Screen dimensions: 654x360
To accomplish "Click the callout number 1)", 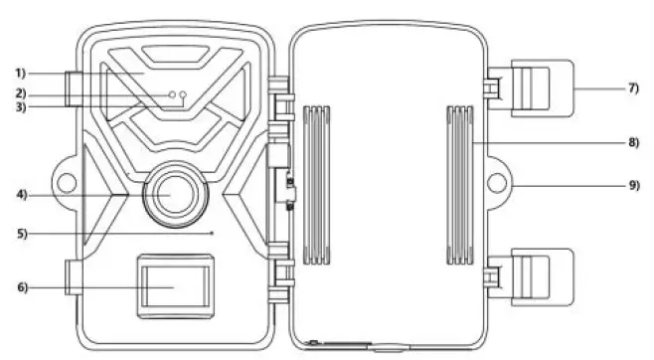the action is click(x=21, y=73).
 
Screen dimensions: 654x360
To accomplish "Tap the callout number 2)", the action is click(x=21, y=93).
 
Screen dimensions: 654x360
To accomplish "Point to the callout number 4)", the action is click(x=21, y=194).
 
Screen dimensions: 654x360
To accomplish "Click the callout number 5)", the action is click(x=21, y=234).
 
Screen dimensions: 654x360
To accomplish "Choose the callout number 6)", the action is click(x=21, y=287).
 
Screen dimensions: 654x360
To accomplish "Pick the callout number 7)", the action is click(x=633, y=88).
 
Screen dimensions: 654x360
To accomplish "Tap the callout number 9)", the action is click(x=633, y=185).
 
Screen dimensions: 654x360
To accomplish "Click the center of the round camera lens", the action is click(x=170, y=193).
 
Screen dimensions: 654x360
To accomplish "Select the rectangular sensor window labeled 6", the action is click(x=172, y=284).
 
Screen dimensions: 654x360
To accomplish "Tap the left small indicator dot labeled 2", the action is click(x=173, y=94).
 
